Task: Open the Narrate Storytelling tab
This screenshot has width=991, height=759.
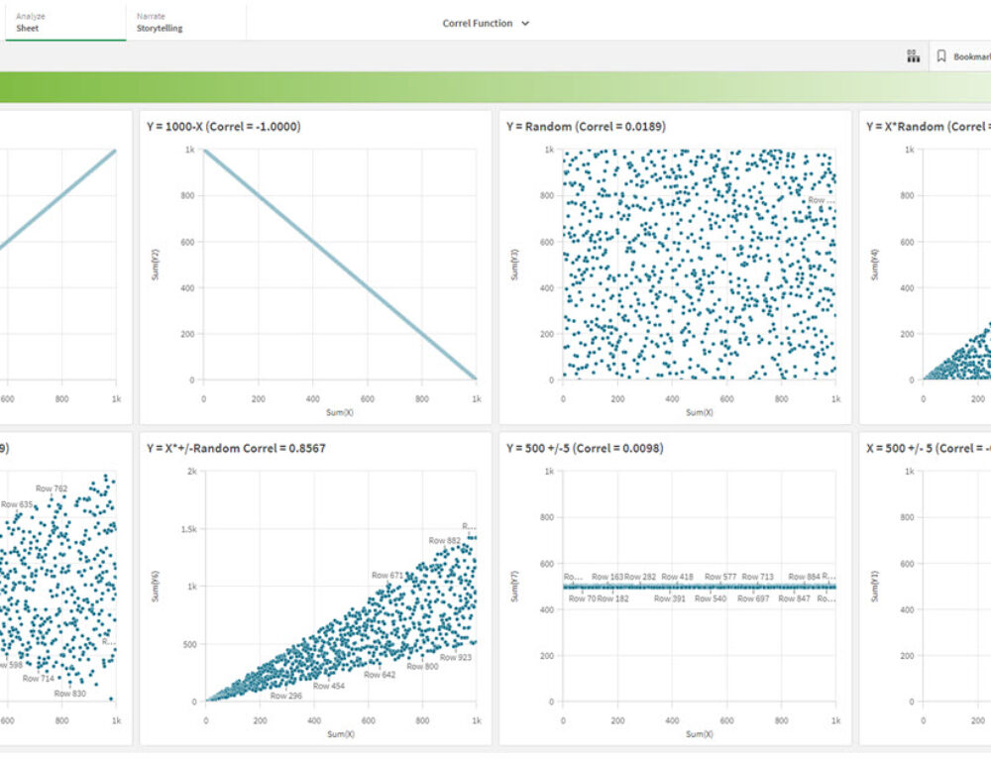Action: click(160, 22)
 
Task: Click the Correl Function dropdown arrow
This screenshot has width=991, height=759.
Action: click(525, 23)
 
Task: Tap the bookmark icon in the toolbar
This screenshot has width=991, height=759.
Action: click(941, 56)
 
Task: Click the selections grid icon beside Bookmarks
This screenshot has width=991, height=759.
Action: click(913, 56)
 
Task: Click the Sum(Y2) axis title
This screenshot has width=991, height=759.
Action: click(156, 266)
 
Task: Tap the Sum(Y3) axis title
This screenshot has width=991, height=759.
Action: click(515, 266)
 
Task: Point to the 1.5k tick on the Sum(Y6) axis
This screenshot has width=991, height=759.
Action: click(188, 529)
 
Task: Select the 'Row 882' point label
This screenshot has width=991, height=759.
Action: click(444, 540)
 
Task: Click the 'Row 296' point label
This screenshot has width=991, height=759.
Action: click(287, 696)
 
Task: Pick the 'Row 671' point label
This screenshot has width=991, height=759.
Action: click(387, 575)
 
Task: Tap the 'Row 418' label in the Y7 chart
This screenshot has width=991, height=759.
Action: click(678, 577)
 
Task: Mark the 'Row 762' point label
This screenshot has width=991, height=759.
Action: click(52, 488)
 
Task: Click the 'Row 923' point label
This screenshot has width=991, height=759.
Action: click(456, 657)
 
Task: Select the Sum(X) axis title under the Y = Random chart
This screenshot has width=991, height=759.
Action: click(700, 411)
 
